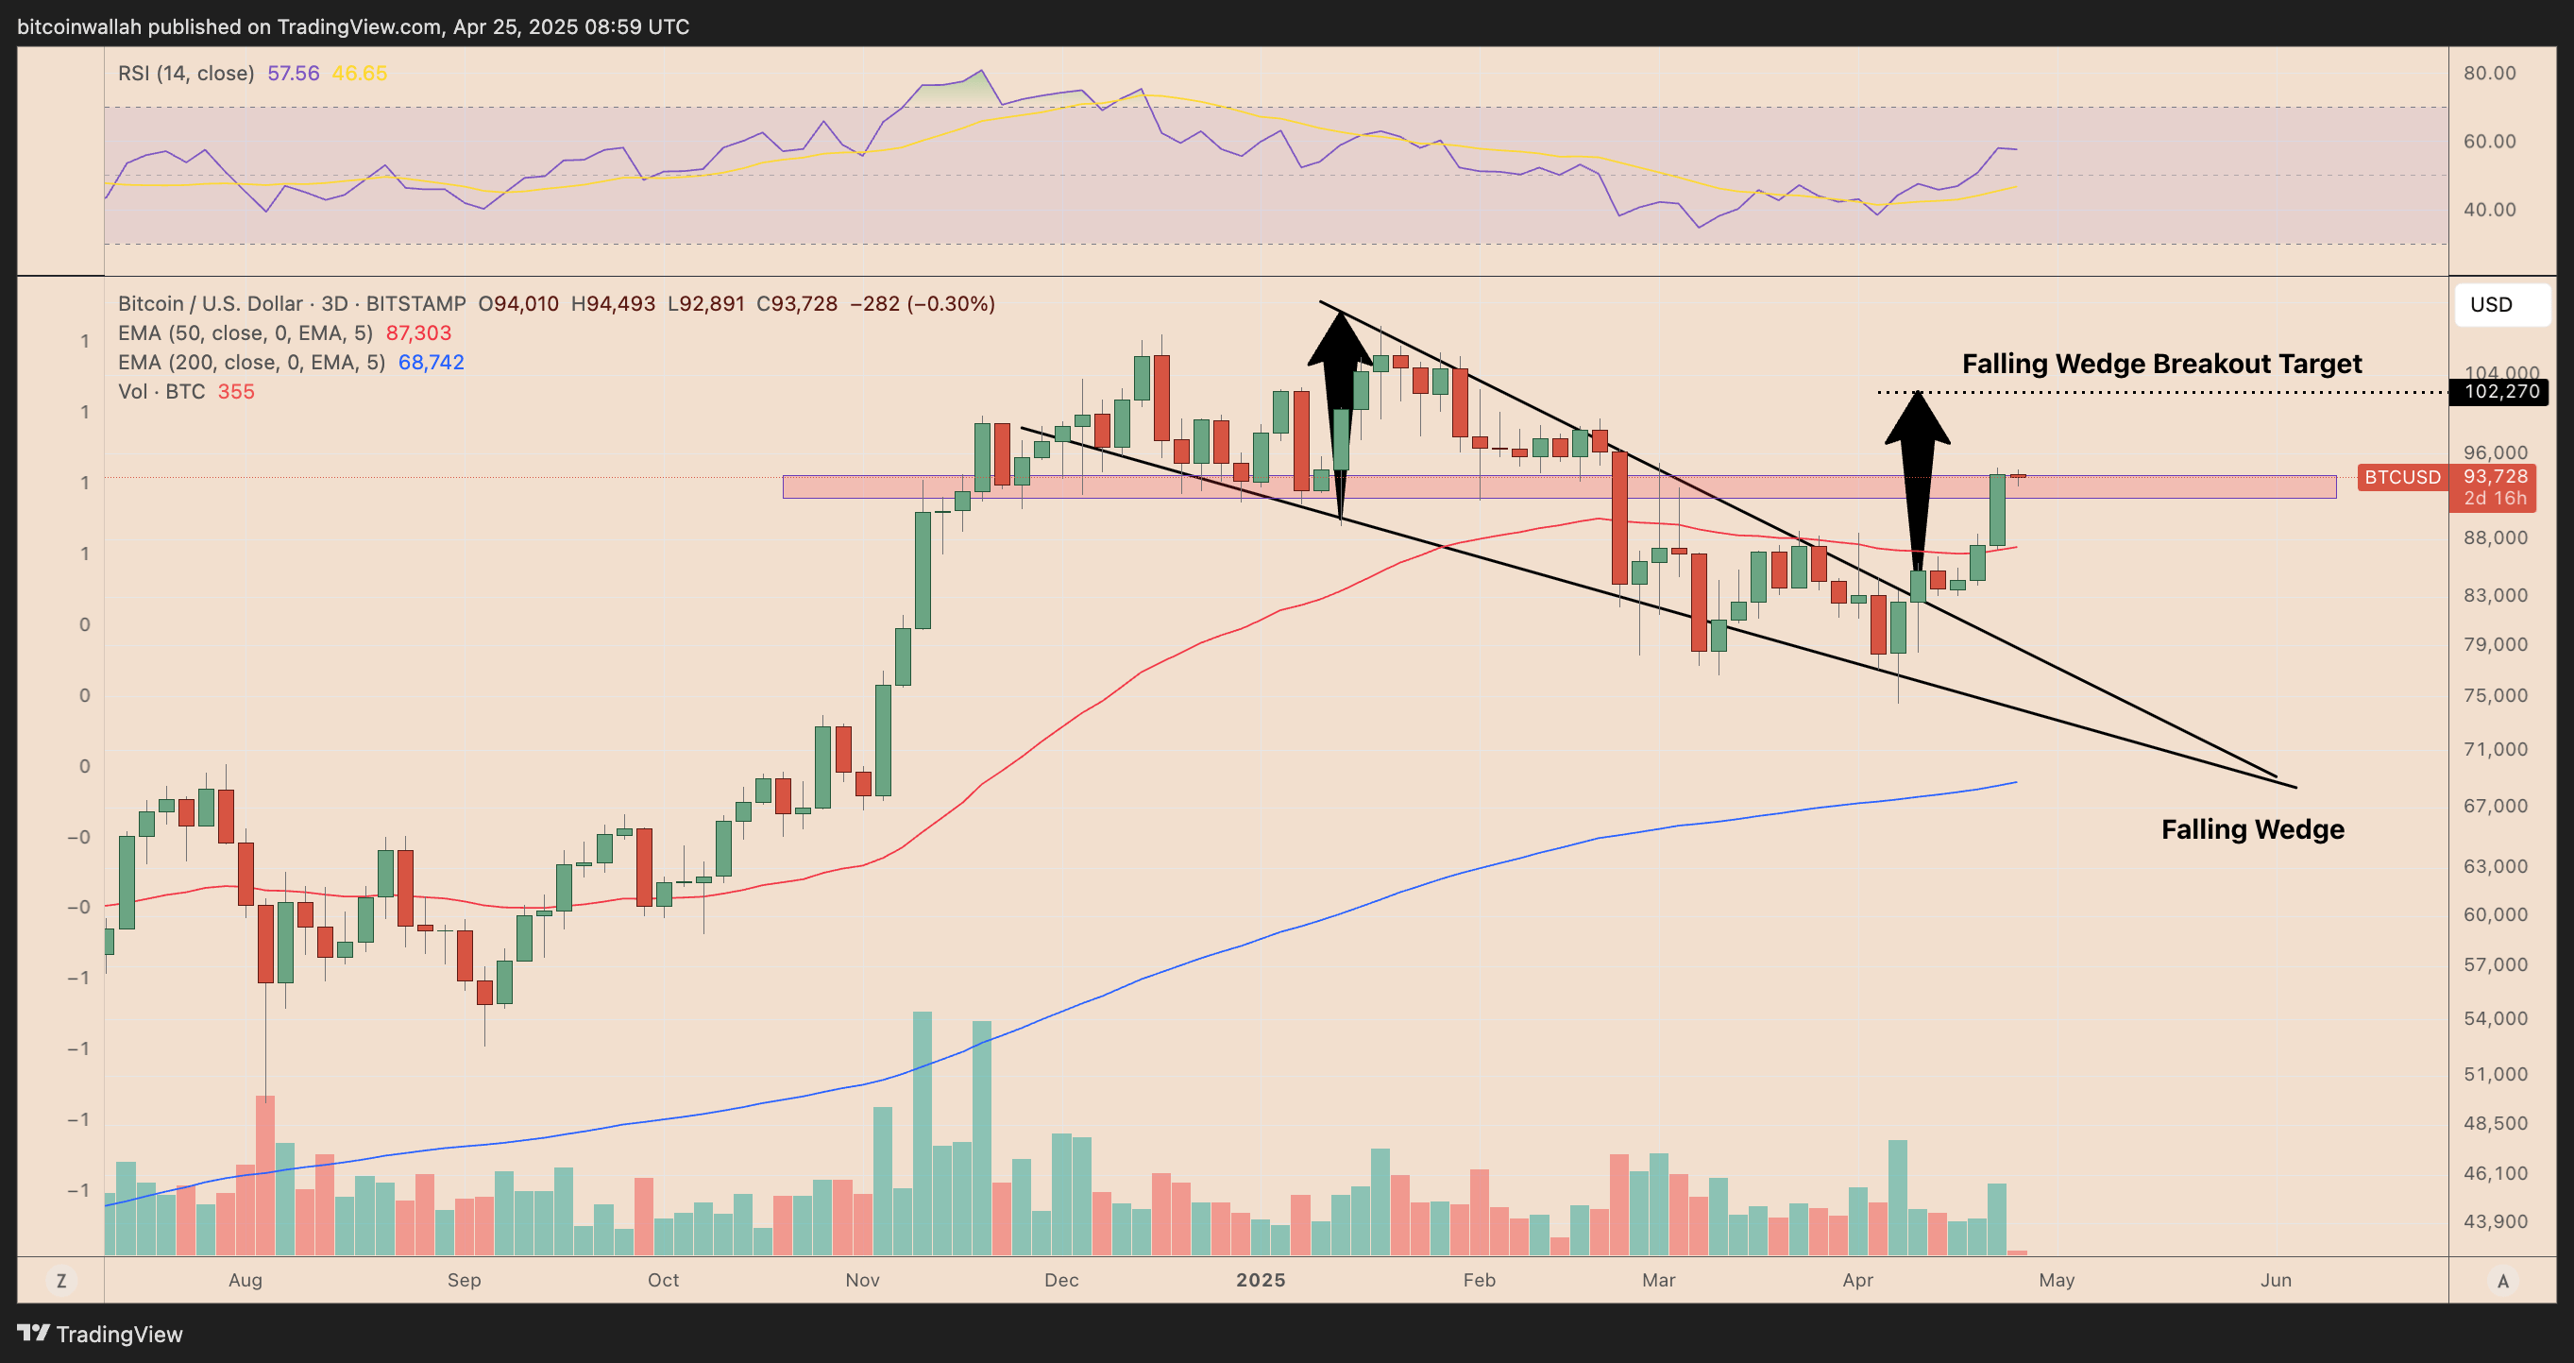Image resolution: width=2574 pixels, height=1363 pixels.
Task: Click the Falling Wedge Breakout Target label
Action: pos(2161,364)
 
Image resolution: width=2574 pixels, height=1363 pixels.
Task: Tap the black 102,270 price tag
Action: pos(2499,392)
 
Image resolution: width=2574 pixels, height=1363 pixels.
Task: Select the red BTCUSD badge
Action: pos(2401,478)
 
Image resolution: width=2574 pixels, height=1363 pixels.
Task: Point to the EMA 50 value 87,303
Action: pos(418,332)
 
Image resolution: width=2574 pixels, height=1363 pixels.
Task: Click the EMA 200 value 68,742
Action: pos(431,362)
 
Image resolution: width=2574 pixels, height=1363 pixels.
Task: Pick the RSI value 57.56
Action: pos(293,73)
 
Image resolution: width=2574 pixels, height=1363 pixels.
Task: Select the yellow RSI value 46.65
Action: pos(359,73)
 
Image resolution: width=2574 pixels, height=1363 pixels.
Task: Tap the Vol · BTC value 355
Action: pos(236,392)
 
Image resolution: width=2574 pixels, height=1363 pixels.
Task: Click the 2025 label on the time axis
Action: pos(1260,1280)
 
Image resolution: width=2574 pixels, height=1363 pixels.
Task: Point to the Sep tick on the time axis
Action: pos(464,1280)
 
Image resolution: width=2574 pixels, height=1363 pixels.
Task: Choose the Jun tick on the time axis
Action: pos(2276,1280)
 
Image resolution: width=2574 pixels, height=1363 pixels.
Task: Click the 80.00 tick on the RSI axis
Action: pos(2489,73)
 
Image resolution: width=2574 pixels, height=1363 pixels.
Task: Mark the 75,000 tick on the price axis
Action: pos(2495,695)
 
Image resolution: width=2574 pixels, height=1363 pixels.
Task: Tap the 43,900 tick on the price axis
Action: pos(2495,1221)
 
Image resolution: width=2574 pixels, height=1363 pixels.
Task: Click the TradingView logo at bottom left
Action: pos(100,1334)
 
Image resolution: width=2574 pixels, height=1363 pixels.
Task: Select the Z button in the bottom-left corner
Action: pos(61,1280)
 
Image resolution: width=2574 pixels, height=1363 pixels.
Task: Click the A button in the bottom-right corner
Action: pos(2502,1280)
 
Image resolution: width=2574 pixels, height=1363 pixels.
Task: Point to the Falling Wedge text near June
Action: pos(2252,829)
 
